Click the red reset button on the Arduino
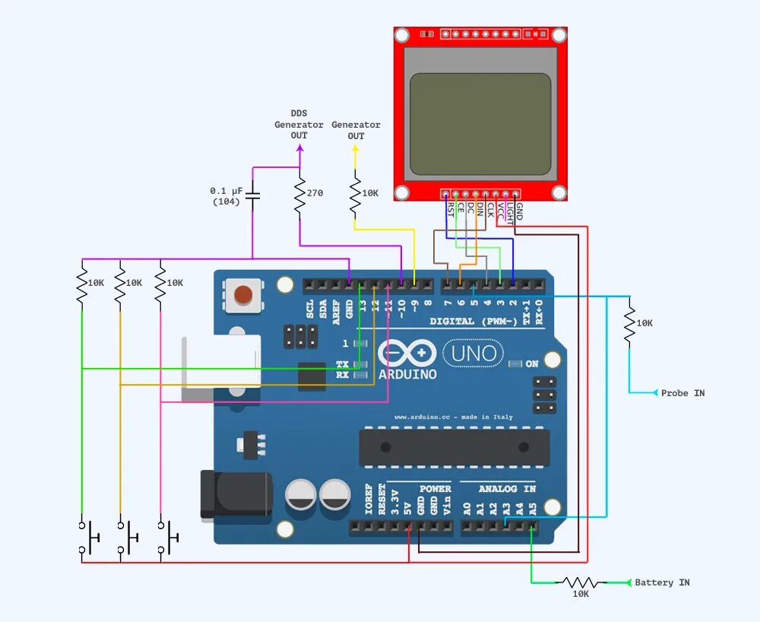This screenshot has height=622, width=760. [x=243, y=295]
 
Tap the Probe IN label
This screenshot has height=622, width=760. [x=682, y=393]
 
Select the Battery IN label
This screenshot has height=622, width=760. [x=662, y=582]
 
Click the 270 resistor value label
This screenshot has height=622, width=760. [x=315, y=193]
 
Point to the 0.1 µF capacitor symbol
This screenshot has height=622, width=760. [x=253, y=196]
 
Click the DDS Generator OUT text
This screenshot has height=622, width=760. [x=299, y=125]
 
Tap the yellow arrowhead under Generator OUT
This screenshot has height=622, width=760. [x=354, y=149]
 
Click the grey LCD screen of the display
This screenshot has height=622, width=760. [x=480, y=124]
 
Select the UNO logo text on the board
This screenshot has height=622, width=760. [x=473, y=353]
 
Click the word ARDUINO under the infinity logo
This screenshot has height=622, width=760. [x=408, y=374]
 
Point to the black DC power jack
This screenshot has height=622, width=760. [x=236, y=495]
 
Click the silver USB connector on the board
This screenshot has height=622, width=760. [x=220, y=363]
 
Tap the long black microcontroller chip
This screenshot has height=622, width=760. [x=454, y=447]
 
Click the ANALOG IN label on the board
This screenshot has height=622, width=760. [x=508, y=489]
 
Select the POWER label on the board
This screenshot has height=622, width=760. [x=435, y=489]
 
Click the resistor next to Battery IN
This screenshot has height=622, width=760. [x=581, y=582]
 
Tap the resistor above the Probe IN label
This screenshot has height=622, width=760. [x=629, y=323]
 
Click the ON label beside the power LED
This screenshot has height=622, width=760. [x=532, y=364]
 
